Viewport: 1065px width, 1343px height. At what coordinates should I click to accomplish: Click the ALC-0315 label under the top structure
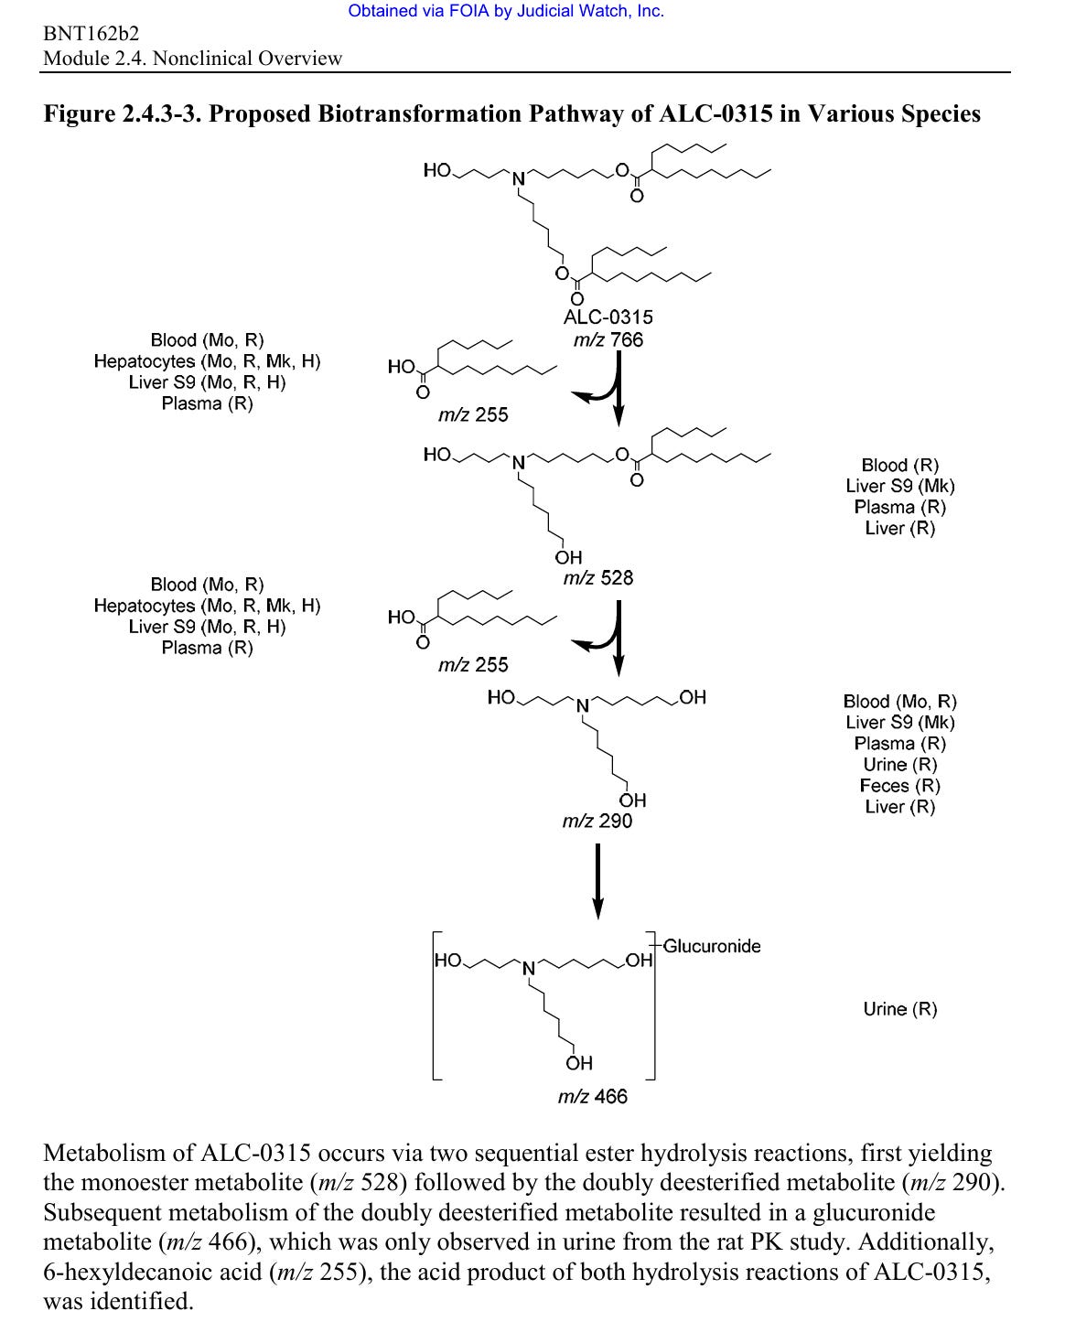[x=608, y=317]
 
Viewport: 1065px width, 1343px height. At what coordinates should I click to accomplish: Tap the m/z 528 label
[x=597, y=578]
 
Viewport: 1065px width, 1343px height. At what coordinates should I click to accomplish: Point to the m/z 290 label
[x=597, y=821]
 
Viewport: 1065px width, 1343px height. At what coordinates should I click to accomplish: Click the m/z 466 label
[x=592, y=1096]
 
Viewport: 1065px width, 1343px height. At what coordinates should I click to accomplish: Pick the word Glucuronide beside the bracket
[x=712, y=946]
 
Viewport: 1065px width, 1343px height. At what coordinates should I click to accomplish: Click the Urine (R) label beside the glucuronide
[x=900, y=1009]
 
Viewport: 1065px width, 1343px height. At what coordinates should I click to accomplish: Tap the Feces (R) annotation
[x=900, y=786]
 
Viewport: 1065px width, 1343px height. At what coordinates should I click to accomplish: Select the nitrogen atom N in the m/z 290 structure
[x=580, y=705]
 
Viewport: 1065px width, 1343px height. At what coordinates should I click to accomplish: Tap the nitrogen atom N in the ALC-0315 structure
[x=517, y=178]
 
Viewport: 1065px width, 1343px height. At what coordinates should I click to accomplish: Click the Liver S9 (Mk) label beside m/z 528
[x=900, y=486]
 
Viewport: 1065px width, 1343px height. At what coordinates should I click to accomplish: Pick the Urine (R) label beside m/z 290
[x=900, y=765]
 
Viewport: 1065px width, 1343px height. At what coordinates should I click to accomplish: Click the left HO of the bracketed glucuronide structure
[x=448, y=961]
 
